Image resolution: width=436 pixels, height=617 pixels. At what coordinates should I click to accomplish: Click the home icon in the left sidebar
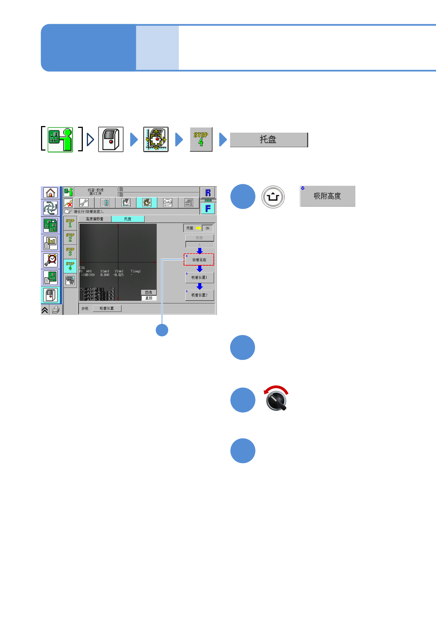click(x=51, y=193)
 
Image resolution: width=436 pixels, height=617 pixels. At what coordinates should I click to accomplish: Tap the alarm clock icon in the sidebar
click(x=51, y=260)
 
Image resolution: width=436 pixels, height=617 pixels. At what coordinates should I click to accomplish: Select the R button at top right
click(x=208, y=193)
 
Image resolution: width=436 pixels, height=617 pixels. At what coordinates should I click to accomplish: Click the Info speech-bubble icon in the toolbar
click(x=167, y=203)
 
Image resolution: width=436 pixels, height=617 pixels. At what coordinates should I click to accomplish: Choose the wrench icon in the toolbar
click(x=84, y=203)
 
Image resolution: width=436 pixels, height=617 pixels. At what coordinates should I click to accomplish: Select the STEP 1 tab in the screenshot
click(x=70, y=223)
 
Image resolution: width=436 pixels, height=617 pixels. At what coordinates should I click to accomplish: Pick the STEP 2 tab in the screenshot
click(x=70, y=237)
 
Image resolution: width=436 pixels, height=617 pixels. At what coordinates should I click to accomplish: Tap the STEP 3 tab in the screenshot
click(x=70, y=252)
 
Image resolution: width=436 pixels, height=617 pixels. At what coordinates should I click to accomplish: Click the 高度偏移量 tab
click(x=95, y=219)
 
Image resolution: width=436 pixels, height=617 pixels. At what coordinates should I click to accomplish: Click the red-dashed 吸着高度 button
click(x=199, y=260)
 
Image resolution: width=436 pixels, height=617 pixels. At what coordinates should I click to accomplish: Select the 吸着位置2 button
click(x=199, y=295)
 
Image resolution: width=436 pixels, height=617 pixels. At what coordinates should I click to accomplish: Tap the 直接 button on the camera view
click(x=149, y=298)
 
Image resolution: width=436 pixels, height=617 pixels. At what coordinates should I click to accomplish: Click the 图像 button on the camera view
click(x=149, y=292)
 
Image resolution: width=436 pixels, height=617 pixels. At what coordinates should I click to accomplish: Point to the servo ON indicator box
click(x=207, y=228)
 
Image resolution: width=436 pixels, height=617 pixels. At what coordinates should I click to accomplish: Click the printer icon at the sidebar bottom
click(x=56, y=310)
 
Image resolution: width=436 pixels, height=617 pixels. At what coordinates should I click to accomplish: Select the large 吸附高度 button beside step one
click(x=327, y=196)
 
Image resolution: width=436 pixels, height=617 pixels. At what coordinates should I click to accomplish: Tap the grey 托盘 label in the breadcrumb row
click(x=269, y=140)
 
